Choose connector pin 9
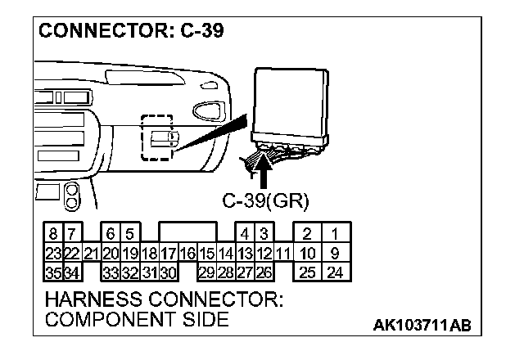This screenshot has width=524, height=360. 335,254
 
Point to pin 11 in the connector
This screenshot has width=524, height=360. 282,254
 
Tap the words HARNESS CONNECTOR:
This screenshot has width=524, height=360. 165,300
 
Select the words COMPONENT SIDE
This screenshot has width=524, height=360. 137,320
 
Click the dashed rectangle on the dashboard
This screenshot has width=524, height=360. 156,137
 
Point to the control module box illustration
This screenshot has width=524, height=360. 290,102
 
